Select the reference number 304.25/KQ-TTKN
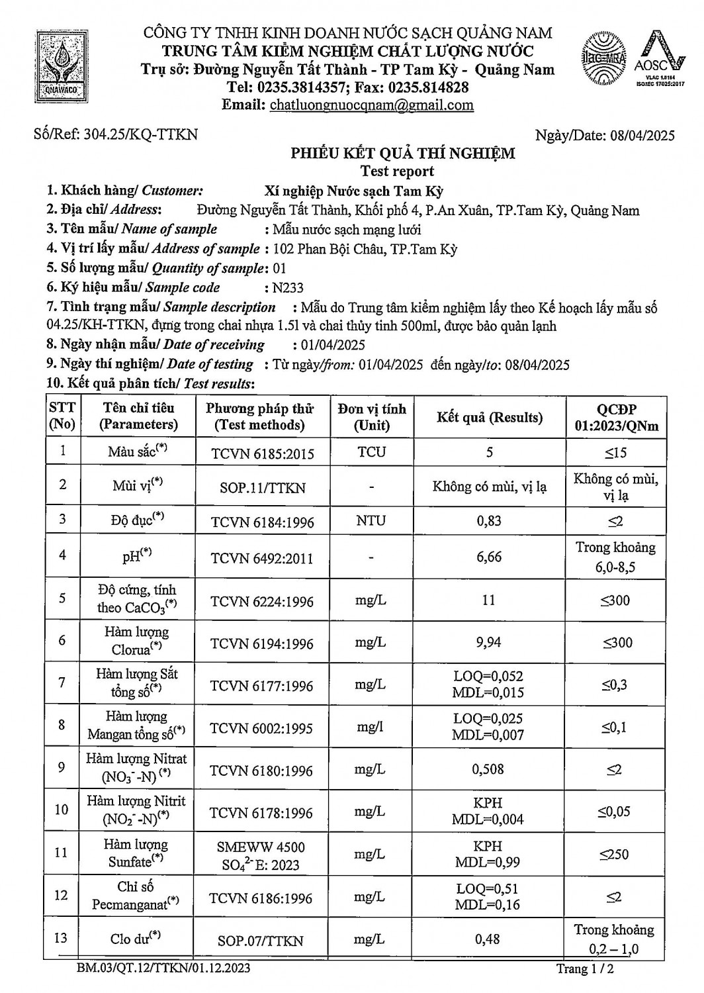pos(141,134)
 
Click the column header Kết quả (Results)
pos(489,418)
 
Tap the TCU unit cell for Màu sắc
pos(371,452)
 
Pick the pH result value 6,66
pos(489,557)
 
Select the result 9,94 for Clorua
pos(489,642)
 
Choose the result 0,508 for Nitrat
pos(488,769)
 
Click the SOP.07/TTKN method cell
pos(261,941)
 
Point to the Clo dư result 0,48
pos(488,939)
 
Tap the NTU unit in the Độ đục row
pos(371,521)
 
